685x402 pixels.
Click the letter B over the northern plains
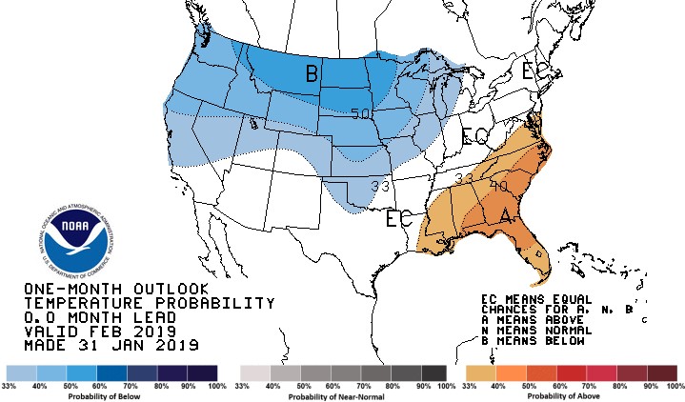pyautogui.click(x=312, y=73)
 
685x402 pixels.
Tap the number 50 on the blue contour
pyautogui.click(x=360, y=113)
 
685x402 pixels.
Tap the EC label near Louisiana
pyautogui.click(x=398, y=219)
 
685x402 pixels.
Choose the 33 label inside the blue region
pyautogui.click(x=354, y=186)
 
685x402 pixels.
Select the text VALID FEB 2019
pyautogui.click(x=93, y=331)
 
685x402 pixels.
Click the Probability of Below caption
pyautogui.click(x=111, y=395)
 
